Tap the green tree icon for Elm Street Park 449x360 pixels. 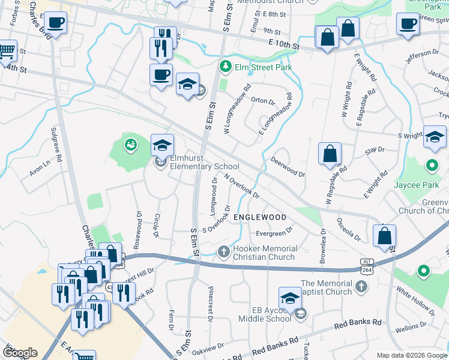tap(226, 66)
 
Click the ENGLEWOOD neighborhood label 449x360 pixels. tap(259, 217)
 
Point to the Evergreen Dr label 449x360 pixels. tap(274, 230)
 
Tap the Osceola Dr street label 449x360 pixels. tap(348, 230)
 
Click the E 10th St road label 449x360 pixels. tap(288, 45)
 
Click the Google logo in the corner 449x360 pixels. tap(19, 353)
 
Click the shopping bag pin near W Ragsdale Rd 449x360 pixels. tap(330, 154)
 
